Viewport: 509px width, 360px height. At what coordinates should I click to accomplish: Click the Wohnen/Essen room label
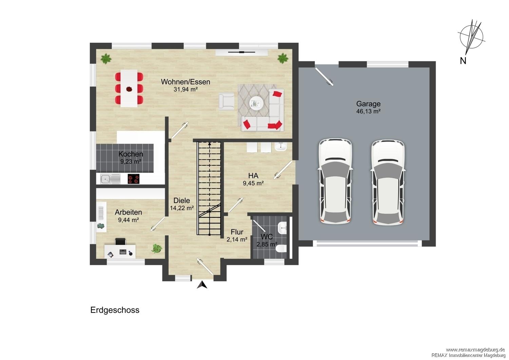click(185, 82)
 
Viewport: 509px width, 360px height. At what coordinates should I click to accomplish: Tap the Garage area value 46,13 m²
click(368, 111)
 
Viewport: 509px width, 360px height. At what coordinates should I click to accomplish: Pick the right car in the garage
click(388, 183)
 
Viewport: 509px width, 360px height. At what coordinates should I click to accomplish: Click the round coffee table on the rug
click(256, 104)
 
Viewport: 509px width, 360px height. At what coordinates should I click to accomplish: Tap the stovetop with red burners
click(133, 179)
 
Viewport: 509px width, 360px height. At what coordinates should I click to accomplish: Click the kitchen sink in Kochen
click(110, 179)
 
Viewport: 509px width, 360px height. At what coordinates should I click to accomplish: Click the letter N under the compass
click(463, 61)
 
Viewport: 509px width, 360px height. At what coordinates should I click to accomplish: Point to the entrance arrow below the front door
click(202, 285)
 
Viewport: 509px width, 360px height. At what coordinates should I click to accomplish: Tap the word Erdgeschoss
click(115, 310)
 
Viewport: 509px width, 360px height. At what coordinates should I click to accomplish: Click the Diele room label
click(182, 201)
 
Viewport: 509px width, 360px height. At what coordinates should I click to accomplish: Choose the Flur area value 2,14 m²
click(237, 239)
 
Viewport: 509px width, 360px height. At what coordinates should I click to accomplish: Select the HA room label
click(253, 176)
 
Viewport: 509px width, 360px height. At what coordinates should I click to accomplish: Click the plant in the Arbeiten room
click(156, 248)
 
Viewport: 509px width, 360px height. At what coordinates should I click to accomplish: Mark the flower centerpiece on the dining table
click(129, 89)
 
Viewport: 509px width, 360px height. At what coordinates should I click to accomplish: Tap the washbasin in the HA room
click(281, 147)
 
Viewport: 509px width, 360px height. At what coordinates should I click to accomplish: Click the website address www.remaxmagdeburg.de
click(475, 350)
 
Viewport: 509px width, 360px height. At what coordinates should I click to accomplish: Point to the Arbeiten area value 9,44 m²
click(128, 220)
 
